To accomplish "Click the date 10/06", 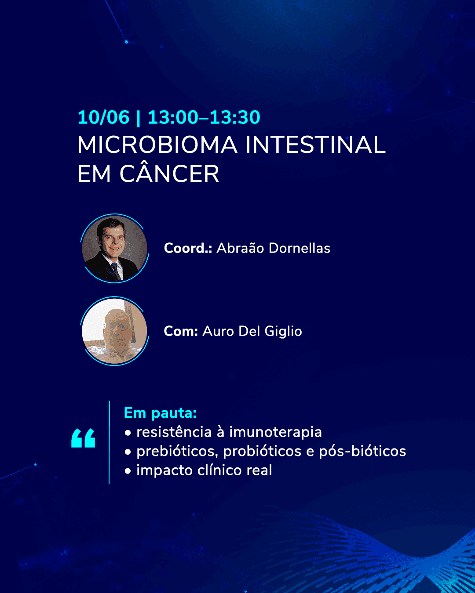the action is click(x=103, y=117).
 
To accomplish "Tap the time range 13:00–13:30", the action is click(x=204, y=117).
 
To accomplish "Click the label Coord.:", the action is click(x=188, y=248).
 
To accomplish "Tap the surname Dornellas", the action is click(x=299, y=248).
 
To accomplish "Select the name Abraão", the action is click(x=241, y=248).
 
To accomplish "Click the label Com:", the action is click(x=181, y=331).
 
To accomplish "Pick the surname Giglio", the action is click(x=283, y=332).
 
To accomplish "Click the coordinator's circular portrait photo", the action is click(x=114, y=248).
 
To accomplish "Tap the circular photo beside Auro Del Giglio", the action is click(x=114, y=331).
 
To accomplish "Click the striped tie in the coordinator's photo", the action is click(x=116, y=271).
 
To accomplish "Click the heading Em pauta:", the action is click(x=161, y=413).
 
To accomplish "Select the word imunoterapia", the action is click(x=275, y=432).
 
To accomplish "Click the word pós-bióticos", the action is click(x=362, y=451).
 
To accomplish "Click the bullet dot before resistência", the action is click(x=128, y=433).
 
